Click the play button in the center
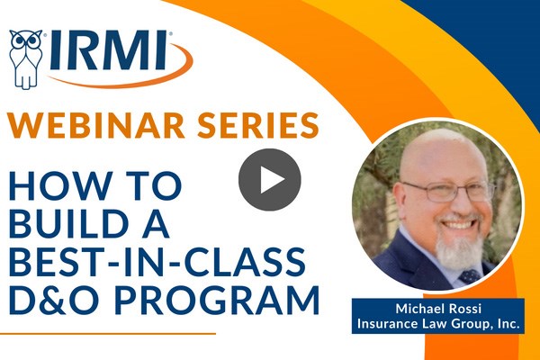[270, 179]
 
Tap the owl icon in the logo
[26, 59]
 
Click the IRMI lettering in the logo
[109, 50]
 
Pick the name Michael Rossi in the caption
[438, 309]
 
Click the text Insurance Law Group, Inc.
[438, 324]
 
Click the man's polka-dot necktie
[470, 276]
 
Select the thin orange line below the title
[108, 334]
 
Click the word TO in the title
[151, 186]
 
